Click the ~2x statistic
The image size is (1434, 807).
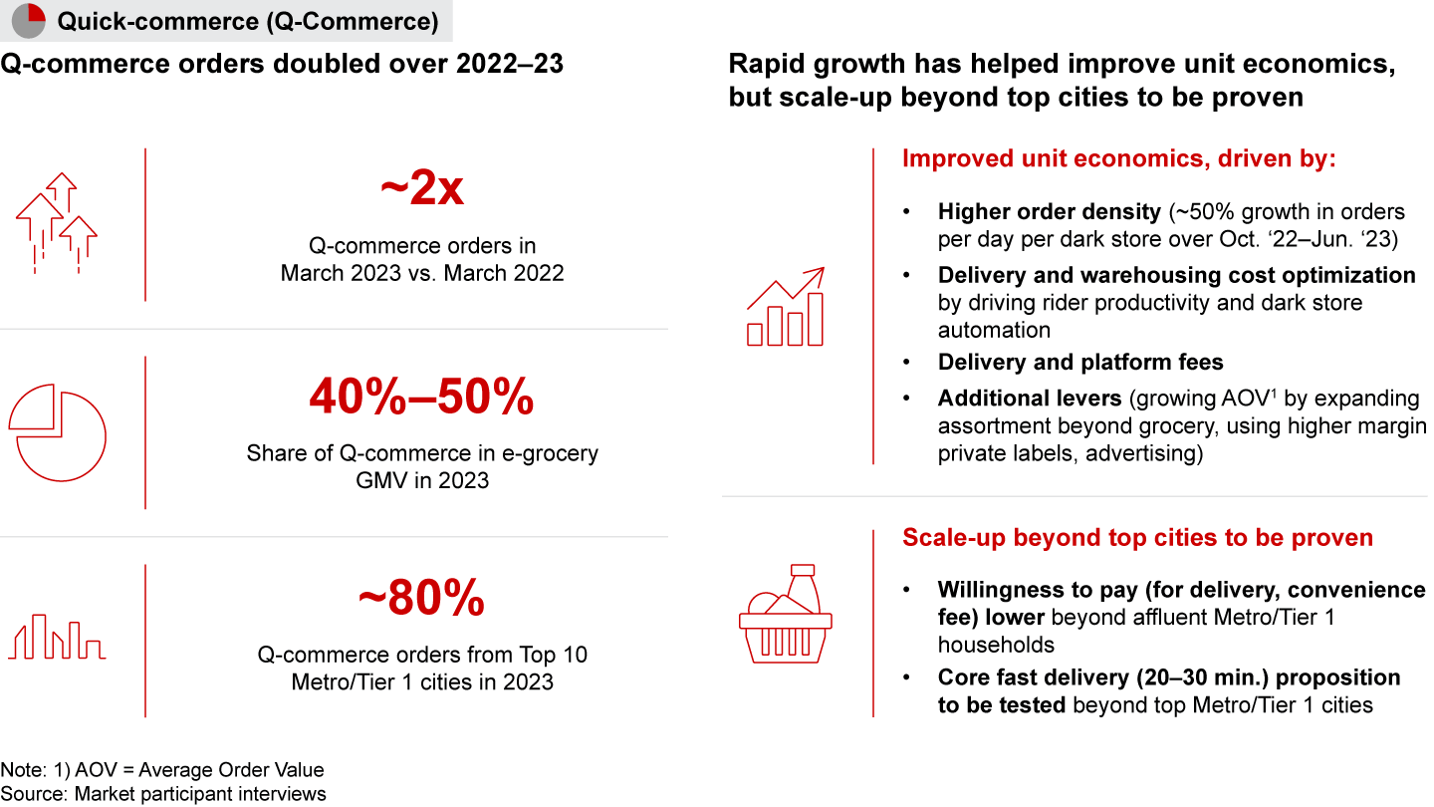[422, 187]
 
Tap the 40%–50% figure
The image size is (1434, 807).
[421, 397]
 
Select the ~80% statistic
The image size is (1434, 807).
[421, 598]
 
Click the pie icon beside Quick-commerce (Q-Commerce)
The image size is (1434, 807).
[29, 21]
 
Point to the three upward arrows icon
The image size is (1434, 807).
[57, 223]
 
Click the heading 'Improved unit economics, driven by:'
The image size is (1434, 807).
[1119, 158]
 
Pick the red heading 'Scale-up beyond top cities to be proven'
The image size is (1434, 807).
[1137, 537]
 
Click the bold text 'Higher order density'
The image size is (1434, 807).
[1050, 212]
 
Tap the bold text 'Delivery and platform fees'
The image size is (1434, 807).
[1080, 363]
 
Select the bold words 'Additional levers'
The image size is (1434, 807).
[1030, 399]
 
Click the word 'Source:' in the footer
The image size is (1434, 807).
[34, 794]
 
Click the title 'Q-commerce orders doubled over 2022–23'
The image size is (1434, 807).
[282, 64]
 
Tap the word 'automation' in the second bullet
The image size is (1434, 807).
[994, 330]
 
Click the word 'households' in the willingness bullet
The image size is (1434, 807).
[996, 645]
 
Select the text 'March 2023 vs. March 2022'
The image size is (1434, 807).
[422, 273]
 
